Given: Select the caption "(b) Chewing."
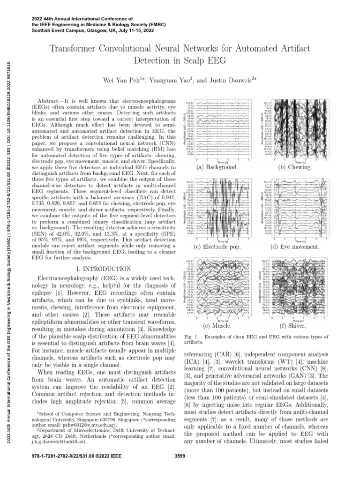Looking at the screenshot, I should (x=295, y=167).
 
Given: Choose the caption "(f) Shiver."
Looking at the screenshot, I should (x=292, y=325).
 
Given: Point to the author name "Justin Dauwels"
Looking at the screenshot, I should (x=232, y=80).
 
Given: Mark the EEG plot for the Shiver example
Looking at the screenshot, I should (x=296, y=288).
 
